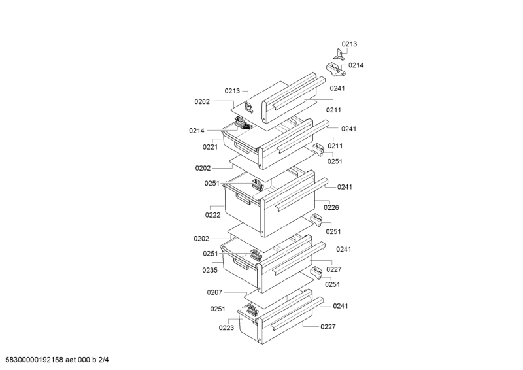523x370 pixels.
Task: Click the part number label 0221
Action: point(209,147)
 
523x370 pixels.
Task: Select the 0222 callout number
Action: point(212,214)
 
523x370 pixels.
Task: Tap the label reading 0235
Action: point(209,269)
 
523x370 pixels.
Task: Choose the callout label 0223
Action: point(226,328)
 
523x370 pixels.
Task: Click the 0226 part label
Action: point(331,207)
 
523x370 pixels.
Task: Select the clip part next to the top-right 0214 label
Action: point(334,68)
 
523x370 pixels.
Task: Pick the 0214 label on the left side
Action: point(197,131)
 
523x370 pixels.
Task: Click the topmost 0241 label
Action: point(337,88)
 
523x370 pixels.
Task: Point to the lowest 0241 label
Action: point(340,306)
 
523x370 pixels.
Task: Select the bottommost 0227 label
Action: point(328,328)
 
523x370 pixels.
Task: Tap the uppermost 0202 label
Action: point(201,101)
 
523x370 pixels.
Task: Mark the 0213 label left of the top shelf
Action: point(232,91)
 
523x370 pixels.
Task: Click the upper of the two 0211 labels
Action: point(334,110)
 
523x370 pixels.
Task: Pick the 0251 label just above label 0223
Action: point(218,309)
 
